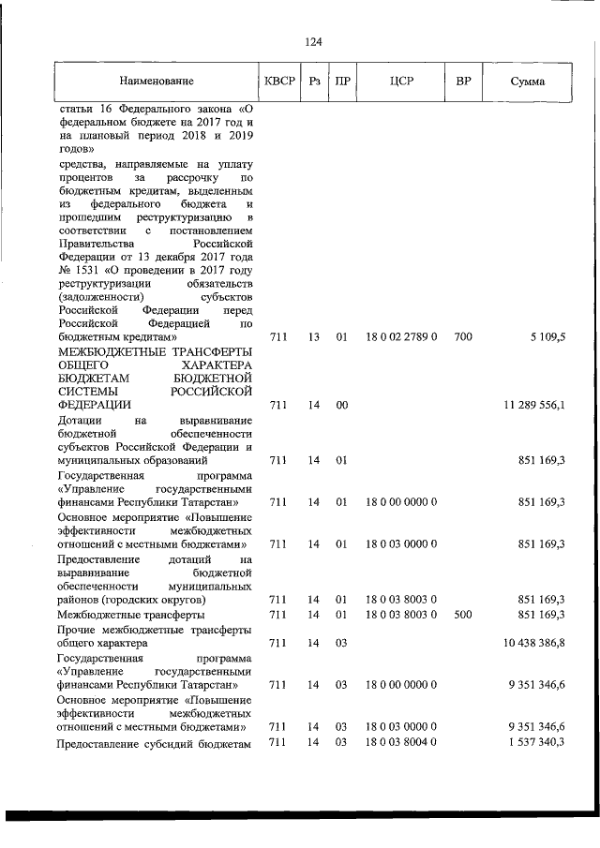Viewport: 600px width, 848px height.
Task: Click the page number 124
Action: coord(314,42)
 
